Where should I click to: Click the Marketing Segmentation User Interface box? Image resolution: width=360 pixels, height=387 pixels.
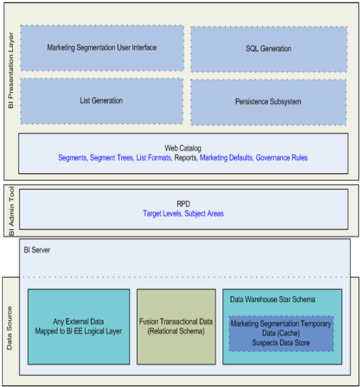coord(102,48)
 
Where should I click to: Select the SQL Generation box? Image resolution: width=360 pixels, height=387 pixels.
coord(269,49)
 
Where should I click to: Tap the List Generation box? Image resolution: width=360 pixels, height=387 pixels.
coord(102,101)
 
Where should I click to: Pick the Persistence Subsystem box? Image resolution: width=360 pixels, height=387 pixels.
coord(269,102)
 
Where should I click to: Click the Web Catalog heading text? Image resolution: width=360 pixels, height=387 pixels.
coord(183,148)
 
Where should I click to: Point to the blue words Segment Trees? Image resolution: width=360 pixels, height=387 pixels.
coord(111,158)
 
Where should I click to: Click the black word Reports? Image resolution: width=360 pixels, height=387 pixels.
coord(186,158)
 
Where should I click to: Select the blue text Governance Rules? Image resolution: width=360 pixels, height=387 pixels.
coord(282,158)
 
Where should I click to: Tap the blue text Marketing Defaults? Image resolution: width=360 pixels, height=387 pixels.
coord(226,158)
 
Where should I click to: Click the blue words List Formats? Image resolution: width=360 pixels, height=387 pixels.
coord(154,158)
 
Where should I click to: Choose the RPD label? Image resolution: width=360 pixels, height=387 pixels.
coord(184,204)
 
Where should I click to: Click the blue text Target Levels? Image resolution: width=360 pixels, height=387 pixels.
coord(162,214)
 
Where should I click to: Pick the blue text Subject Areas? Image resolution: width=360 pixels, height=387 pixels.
coord(204,214)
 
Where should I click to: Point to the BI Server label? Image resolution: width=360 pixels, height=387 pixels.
coord(37,250)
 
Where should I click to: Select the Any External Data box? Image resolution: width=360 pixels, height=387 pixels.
coord(79,327)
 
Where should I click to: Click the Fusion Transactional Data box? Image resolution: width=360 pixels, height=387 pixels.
coord(176,327)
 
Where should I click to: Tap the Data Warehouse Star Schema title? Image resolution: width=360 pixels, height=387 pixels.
coord(272,299)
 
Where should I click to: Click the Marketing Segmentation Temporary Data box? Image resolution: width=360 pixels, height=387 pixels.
coord(282,334)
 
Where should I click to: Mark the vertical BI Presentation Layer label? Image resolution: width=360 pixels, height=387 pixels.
coord(10,70)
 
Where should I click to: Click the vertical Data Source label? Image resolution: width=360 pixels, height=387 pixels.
coord(9,328)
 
